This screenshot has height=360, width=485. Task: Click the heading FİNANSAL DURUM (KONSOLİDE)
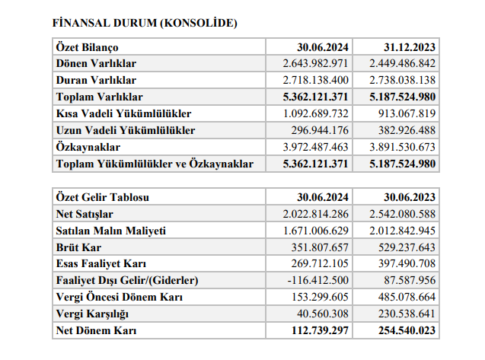[x=145, y=23]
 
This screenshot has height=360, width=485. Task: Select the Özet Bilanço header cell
[x=86, y=47]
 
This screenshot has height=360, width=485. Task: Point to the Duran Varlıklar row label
[x=96, y=80]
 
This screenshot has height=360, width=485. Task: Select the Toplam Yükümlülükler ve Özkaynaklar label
[x=155, y=164]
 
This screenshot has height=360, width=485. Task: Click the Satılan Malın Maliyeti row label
[x=111, y=231]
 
